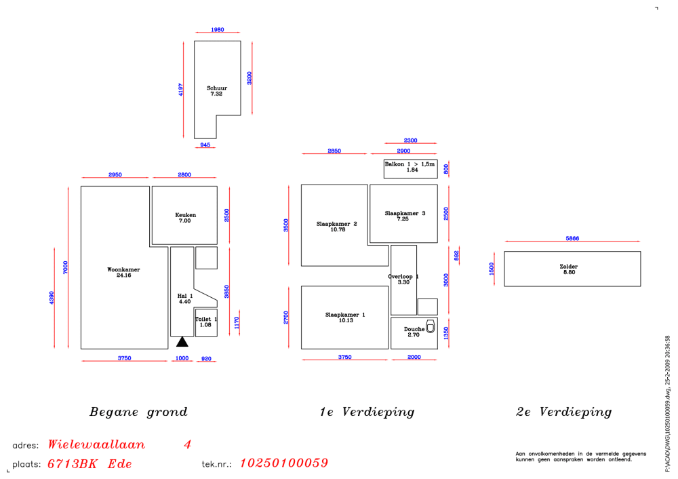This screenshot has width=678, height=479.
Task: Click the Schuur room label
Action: pyautogui.click(x=217, y=88)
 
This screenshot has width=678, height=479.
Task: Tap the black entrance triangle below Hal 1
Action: pyautogui.click(x=182, y=342)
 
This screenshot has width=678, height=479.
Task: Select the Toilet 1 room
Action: pyautogui.click(x=206, y=322)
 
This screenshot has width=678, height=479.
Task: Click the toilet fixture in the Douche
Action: pyautogui.click(x=431, y=326)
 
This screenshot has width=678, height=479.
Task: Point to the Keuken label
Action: pyautogui.click(x=186, y=214)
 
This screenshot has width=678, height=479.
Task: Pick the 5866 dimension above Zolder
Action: pyautogui.click(x=572, y=238)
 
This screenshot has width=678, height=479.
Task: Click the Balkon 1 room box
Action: pyautogui.click(x=410, y=169)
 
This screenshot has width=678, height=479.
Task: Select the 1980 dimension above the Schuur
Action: pyautogui.click(x=218, y=29)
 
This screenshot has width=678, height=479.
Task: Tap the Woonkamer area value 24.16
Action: pyautogui.click(x=123, y=275)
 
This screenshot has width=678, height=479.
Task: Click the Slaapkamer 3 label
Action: pyautogui.click(x=405, y=213)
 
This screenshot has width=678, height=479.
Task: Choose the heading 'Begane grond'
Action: pyautogui.click(x=138, y=412)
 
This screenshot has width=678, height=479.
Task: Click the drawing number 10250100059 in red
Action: pyautogui.click(x=284, y=463)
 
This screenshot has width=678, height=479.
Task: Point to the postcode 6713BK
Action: pyautogui.click(x=73, y=464)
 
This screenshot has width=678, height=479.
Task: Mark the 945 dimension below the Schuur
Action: pyautogui.click(x=205, y=145)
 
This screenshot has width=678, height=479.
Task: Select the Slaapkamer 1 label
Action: pyautogui.click(x=345, y=315)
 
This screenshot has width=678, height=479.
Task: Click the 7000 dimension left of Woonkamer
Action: pyautogui.click(x=65, y=267)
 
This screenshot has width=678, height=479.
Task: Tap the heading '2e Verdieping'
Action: pyautogui.click(x=564, y=412)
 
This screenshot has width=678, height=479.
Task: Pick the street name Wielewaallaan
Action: pyautogui.click(x=96, y=444)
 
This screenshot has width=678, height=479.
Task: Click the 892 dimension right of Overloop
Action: pyautogui.click(x=456, y=256)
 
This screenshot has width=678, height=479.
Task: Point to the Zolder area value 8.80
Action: pyautogui.click(x=569, y=272)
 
